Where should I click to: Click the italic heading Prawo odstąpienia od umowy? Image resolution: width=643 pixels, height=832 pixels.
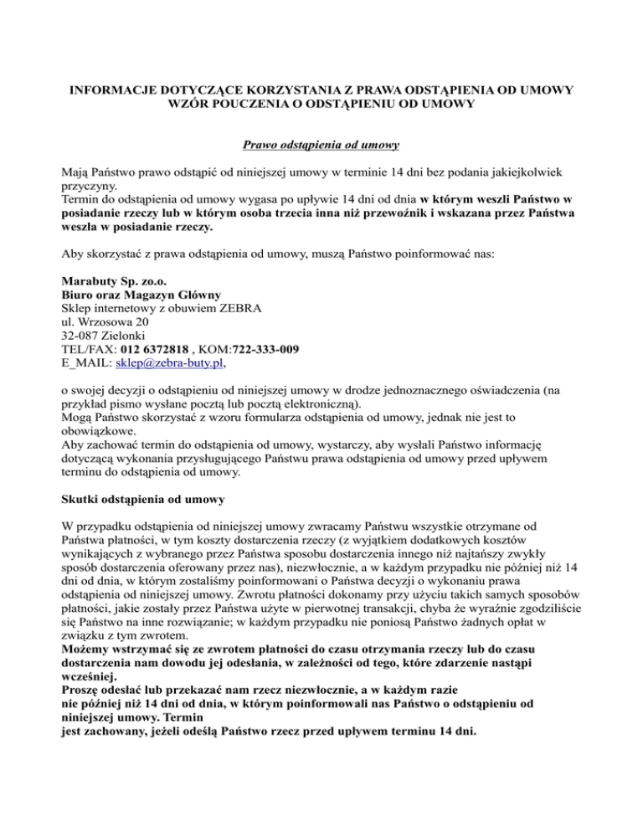(321, 146)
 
